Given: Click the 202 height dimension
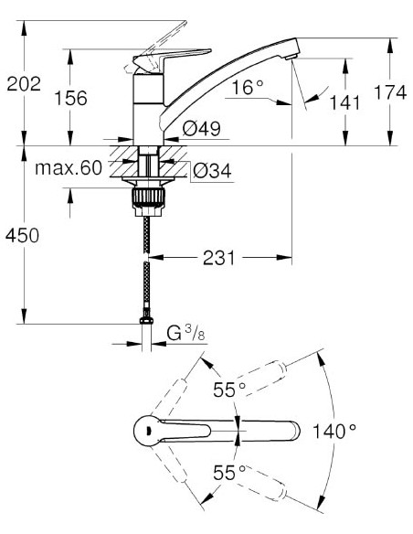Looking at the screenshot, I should tap(24, 84).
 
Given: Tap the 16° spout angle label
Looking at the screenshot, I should tap(248, 88).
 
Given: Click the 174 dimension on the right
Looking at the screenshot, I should tap(390, 93).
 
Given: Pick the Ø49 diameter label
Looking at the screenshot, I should tap(200, 129).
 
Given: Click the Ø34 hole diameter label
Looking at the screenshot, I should tap(208, 169).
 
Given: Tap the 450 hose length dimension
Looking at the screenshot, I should tap(24, 235).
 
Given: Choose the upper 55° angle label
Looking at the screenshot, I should tap(229, 390).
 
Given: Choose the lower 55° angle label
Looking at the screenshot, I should tap(229, 473).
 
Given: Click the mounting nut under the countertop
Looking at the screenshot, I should tap(146, 197).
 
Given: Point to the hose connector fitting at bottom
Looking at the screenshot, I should tap(146, 320).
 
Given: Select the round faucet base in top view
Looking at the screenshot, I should tap(145, 430).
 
